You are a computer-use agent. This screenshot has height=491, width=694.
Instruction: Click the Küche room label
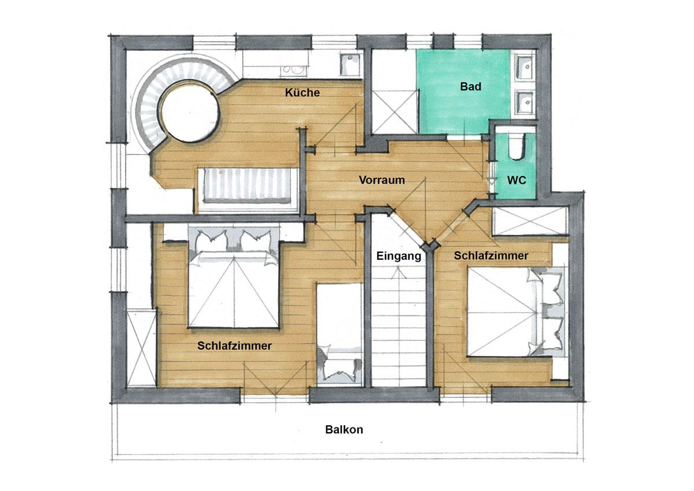pos(302,92)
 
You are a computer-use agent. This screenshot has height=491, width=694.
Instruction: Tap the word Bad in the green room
pos(471,87)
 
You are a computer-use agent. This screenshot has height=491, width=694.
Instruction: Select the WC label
pos(516,180)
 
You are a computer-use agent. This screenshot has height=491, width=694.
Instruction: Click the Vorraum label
pos(382,180)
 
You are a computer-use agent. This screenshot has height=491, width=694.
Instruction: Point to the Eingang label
pos(398,256)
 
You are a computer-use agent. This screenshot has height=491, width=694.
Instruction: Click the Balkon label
pos(344,429)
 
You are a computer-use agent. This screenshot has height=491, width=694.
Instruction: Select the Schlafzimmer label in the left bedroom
pos(235,345)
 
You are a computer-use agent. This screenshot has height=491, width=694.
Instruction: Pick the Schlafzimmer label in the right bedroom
pos(491,255)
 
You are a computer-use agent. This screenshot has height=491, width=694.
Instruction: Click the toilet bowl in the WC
pos(516,146)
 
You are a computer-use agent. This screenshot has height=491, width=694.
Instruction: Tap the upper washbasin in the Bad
pos(525,67)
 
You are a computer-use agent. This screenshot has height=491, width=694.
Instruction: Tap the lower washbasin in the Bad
pos(525,102)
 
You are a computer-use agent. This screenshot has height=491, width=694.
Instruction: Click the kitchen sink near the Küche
pos(350,65)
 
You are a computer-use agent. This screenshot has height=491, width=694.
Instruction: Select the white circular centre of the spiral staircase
pos(189,111)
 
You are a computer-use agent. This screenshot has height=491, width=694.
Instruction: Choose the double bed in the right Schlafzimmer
pos(516,312)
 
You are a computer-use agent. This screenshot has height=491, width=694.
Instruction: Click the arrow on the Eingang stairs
pos(398,273)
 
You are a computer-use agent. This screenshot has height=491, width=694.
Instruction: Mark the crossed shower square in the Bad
pos(395,112)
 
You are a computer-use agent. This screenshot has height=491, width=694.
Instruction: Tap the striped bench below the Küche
pos(247,185)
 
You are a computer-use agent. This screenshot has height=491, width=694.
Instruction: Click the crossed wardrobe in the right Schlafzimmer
pos(530,221)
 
